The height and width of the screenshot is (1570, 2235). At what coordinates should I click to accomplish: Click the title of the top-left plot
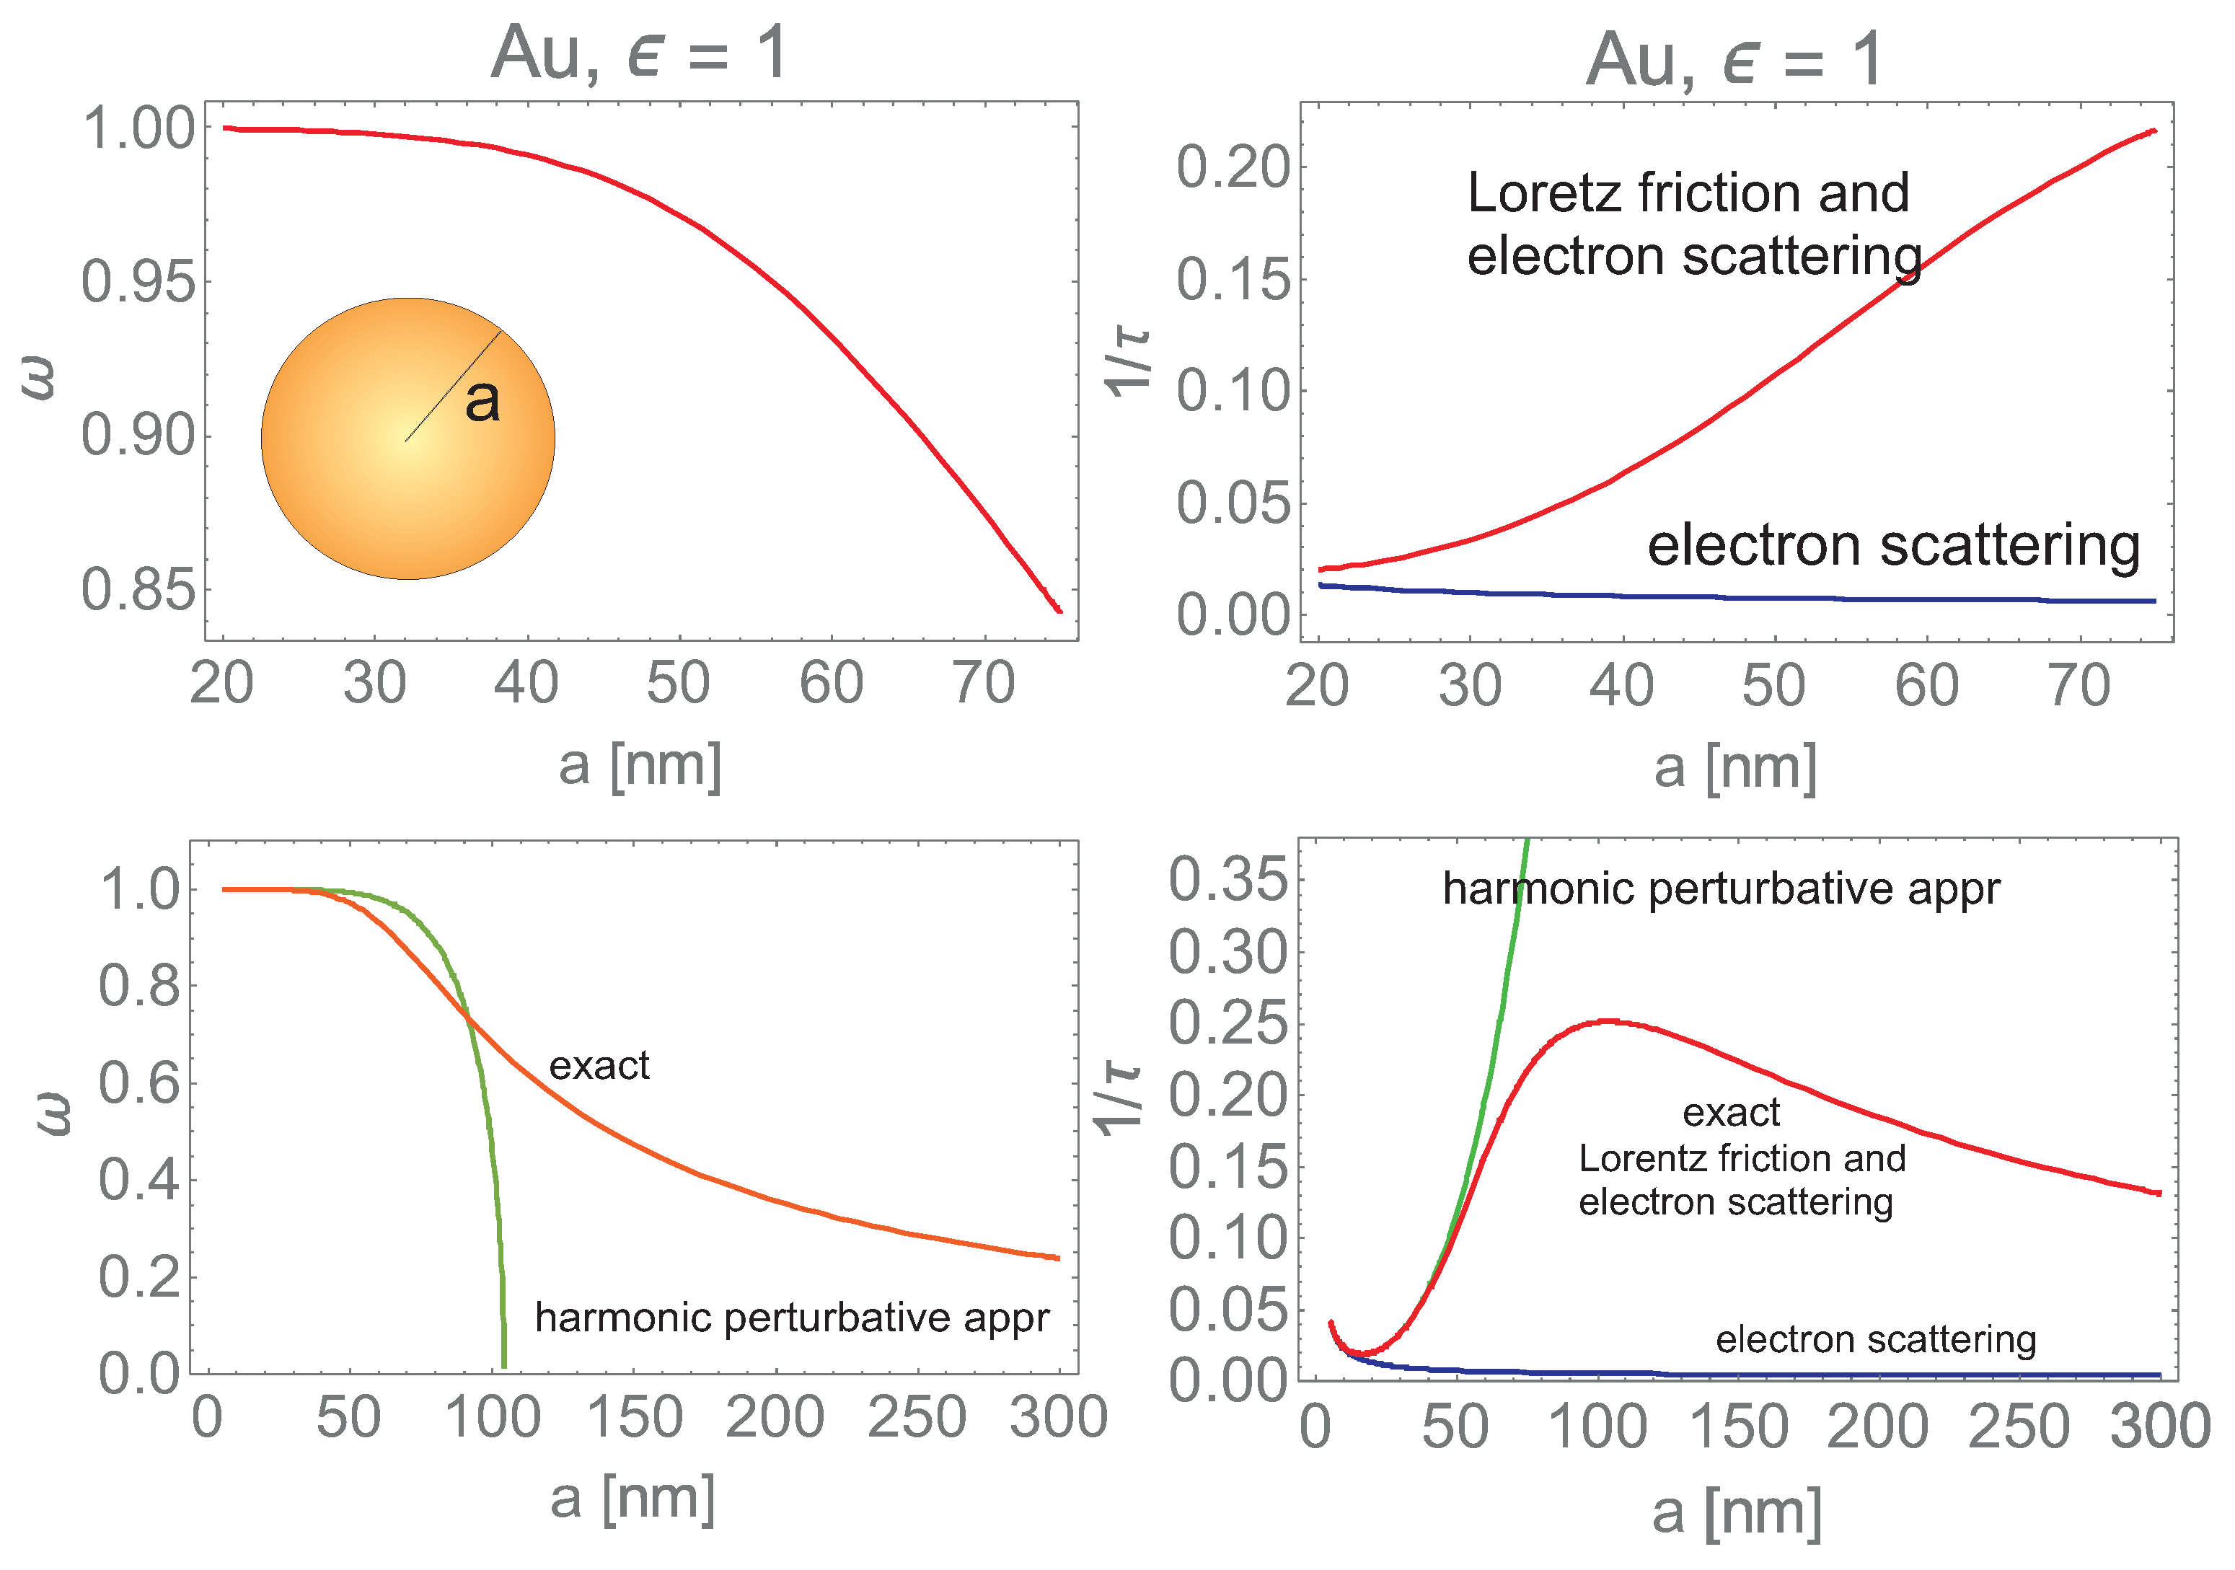(x=638, y=53)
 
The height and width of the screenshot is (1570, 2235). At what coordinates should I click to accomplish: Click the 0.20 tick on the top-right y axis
(x=1233, y=167)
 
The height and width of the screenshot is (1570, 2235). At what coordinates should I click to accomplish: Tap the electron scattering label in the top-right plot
(x=1893, y=545)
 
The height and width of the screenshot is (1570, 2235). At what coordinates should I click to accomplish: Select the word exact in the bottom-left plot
(x=599, y=1066)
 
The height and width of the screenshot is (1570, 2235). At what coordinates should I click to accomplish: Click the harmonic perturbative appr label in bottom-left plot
(x=791, y=1318)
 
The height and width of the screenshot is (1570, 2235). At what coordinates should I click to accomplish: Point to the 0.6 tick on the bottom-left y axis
(x=139, y=1083)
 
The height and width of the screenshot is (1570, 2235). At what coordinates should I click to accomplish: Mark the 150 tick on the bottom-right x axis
(x=1739, y=1428)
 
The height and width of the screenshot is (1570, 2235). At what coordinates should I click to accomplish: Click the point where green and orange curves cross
(x=468, y=1019)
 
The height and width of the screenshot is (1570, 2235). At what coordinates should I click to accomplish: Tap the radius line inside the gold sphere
(x=453, y=387)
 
